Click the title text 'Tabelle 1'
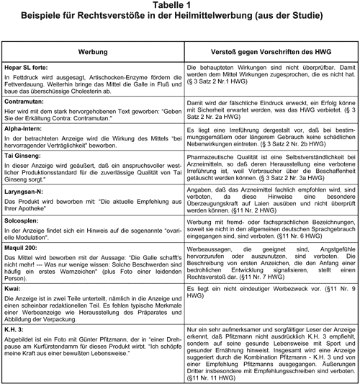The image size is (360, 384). pos(180,6)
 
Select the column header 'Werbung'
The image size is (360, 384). pos(93,52)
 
